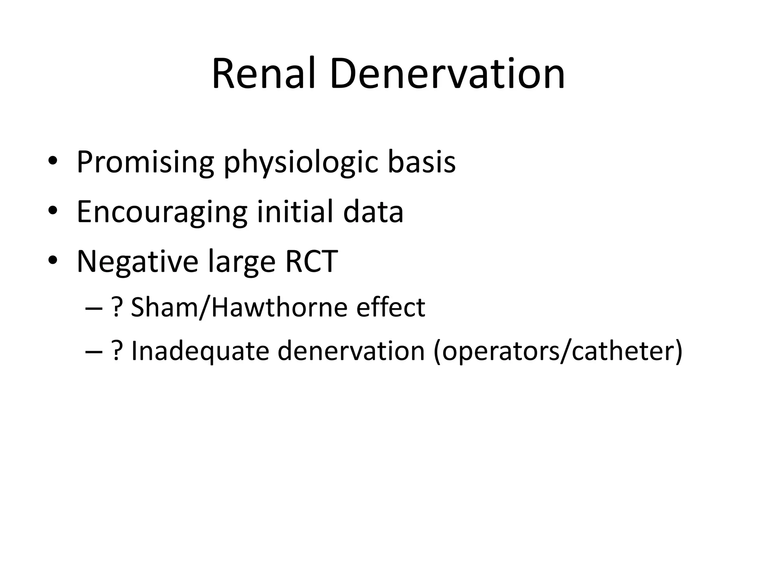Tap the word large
coord(242,262)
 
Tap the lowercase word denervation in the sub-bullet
coord(351,351)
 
